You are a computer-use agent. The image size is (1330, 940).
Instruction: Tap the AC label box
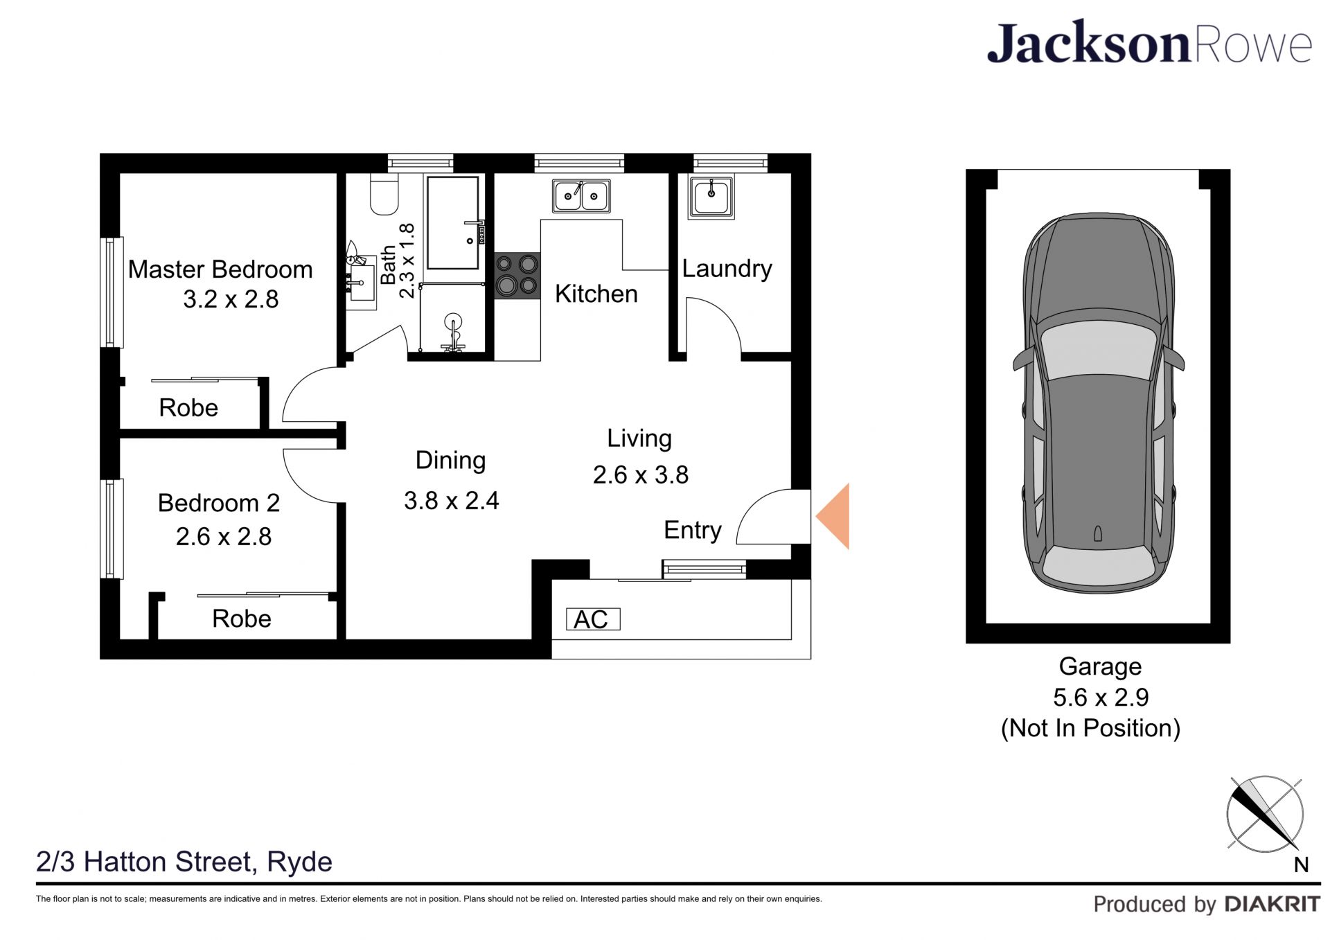593,619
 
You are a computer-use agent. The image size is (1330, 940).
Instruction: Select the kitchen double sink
581,195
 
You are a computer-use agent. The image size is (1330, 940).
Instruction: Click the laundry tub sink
711,197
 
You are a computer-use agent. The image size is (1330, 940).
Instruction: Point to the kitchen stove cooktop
517,275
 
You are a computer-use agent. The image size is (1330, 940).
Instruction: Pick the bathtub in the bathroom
453,222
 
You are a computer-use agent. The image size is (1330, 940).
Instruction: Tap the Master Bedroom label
220,269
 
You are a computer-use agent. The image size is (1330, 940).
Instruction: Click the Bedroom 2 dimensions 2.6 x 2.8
224,537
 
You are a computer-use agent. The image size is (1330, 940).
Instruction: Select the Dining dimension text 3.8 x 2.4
452,501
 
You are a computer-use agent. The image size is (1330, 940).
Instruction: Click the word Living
639,439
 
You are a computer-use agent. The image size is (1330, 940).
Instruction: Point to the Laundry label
727,269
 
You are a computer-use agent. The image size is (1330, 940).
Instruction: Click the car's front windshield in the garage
1098,349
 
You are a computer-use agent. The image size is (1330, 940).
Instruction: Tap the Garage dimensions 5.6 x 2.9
1101,698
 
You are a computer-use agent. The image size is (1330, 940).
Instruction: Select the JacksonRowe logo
1149,43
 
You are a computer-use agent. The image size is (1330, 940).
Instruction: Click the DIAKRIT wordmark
1273,904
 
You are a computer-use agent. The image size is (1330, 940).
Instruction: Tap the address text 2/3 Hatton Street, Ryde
184,862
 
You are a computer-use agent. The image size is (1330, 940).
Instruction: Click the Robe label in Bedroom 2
242,619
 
